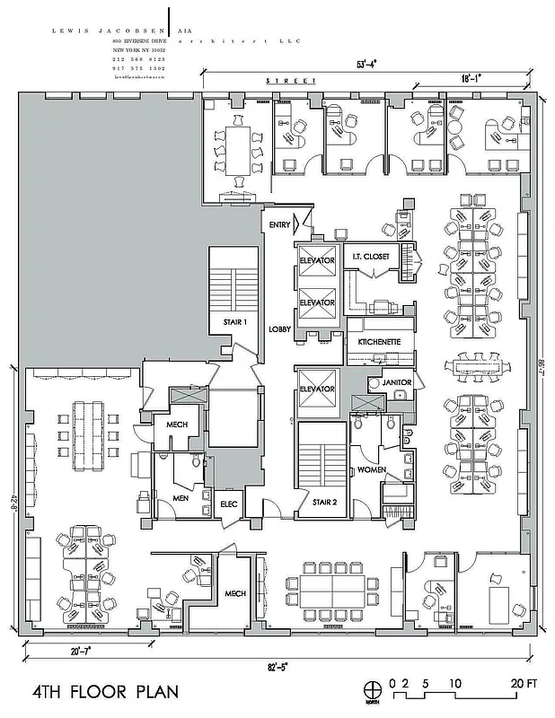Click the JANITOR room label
point(396,382)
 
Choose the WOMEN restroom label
point(372,469)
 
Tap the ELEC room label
point(228,504)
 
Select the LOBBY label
point(279,329)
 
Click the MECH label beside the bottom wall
point(235,593)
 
